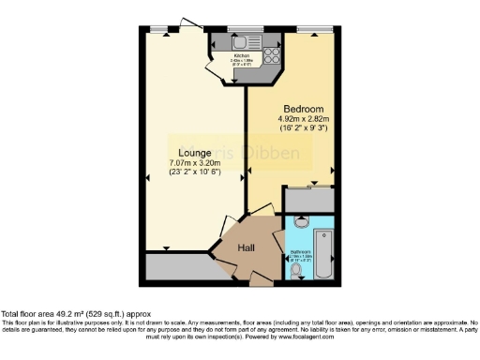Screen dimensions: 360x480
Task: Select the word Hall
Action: click(247, 247)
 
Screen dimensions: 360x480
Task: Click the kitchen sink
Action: click(239, 42)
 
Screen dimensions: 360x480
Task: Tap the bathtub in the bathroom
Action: click(324, 247)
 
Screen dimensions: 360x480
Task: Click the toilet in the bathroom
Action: click(301, 223)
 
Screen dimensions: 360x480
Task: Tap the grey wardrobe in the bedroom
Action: click(310, 198)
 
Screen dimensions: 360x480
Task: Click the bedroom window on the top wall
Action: click(309, 31)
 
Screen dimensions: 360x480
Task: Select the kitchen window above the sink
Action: click(247, 31)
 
